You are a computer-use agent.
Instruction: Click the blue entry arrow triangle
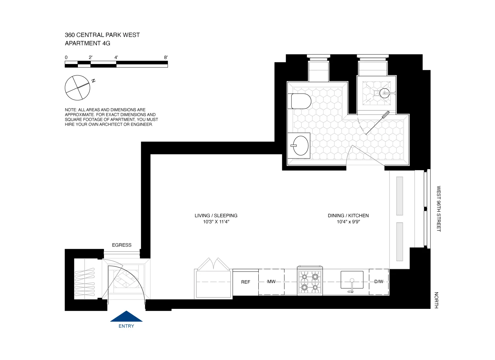126,317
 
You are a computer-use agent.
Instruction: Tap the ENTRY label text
126,326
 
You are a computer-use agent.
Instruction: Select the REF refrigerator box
246,282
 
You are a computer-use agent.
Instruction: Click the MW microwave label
271,281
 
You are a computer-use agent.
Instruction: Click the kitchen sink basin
352,280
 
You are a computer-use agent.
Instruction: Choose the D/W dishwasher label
379,281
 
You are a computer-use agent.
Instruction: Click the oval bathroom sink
300,145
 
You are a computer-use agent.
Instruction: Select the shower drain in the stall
384,93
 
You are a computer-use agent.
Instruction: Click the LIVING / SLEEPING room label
216,215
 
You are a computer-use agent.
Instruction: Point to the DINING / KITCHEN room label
348,215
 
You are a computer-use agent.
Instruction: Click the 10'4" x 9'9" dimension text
348,222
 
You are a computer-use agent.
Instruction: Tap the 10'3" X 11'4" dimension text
216,222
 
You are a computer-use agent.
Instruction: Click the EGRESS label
121,245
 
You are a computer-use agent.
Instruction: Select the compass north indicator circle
78,88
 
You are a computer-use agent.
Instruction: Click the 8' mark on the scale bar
166,57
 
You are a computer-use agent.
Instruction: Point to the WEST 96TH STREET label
439,209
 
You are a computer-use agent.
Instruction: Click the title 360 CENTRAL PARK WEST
102,35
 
